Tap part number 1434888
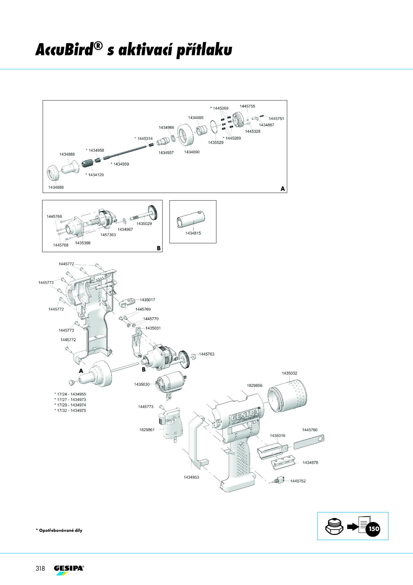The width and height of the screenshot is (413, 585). tap(56, 187)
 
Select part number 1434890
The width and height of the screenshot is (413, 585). tap(192, 152)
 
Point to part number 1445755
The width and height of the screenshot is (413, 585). tap(247, 106)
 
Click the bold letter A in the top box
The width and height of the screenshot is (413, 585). tap(283, 189)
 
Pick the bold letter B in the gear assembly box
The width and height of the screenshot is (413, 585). tap(159, 248)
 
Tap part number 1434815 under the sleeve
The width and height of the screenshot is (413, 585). tap(193, 233)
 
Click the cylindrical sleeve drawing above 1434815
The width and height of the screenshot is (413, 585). tap(191, 219)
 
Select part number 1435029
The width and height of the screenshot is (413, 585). tap(144, 224)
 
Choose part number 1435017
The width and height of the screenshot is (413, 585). tap(147, 300)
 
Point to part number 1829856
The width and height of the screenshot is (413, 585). tap(254, 386)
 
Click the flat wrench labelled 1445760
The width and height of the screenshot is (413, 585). tap(309, 442)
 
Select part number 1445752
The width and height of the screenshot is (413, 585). tap(298, 481)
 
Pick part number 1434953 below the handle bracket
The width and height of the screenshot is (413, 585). tap(192, 477)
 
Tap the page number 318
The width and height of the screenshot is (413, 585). tap(40, 568)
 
